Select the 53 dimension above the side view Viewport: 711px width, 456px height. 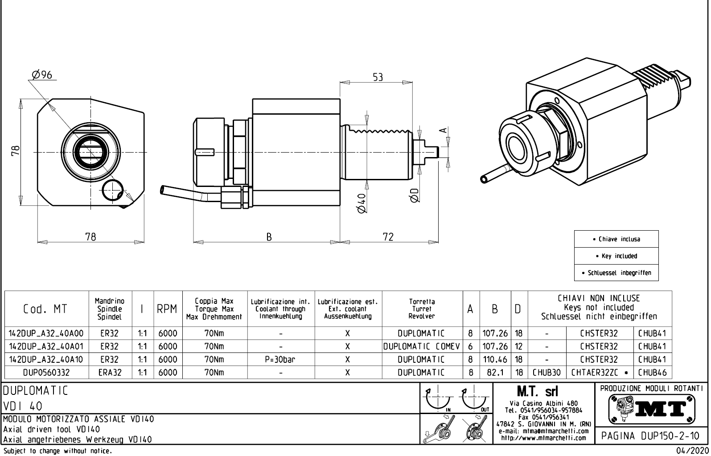click(378, 77)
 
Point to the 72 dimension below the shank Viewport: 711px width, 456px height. click(388, 237)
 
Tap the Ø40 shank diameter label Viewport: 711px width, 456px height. click(362, 203)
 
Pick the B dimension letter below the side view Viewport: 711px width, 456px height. click(269, 237)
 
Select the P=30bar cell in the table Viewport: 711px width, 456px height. click(281, 359)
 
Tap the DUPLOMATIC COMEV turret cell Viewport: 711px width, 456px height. click(422, 346)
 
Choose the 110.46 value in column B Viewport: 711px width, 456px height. click(495, 359)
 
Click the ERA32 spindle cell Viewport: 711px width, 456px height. click(111, 372)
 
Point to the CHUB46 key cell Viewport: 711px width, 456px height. click(652, 372)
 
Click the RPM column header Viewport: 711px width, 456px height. click(168, 309)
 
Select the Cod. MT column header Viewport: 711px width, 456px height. click(45, 309)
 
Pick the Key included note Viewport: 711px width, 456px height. click(616, 256)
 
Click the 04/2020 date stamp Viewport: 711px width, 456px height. click(692, 451)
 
